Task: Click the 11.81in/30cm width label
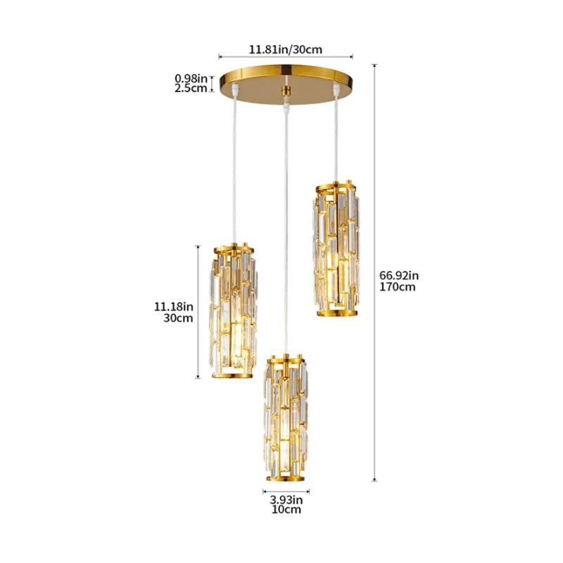pos(285,49)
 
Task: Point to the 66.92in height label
pos(399,274)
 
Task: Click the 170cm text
pos(398,286)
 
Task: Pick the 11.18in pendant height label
pos(174,306)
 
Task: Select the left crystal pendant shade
pos(231,311)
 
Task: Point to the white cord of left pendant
pos(233,169)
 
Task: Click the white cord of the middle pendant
pos(285,225)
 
